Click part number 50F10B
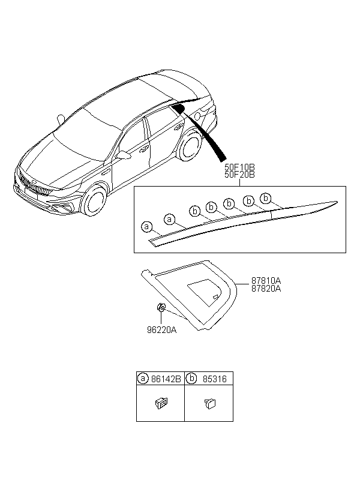239,167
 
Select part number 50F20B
239,175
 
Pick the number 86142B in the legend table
165,379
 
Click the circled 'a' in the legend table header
143,379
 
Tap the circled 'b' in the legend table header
191,379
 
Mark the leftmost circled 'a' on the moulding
145,227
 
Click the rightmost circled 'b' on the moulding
266,199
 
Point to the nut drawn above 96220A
161,308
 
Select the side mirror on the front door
124,155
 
